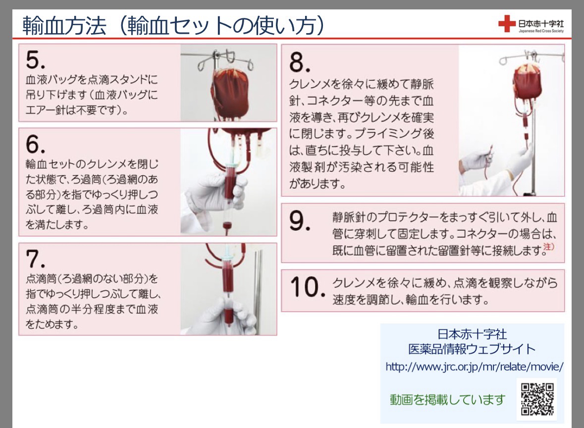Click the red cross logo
point(507,23)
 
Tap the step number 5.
point(35,59)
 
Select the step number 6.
point(35,144)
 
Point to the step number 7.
point(35,259)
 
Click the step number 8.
point(300,62)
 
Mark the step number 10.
point(308,287)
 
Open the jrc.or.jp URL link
point(474,367)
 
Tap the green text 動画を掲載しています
point(447,400)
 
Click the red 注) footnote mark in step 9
point(549,247)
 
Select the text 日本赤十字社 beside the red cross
point(541,23)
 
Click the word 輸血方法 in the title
point(64,26)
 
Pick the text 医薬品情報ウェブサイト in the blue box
point(472,349)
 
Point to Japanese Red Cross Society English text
point(541,31)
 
